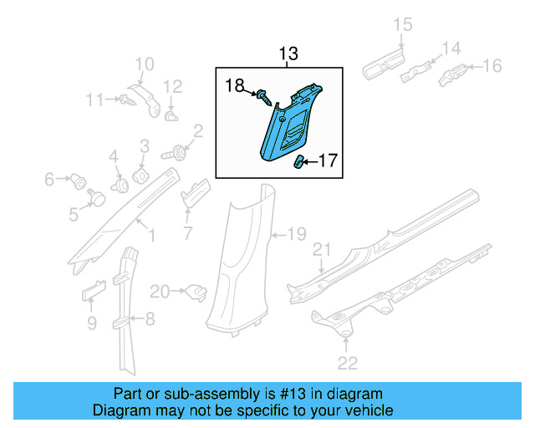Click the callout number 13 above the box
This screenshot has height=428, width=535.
288,55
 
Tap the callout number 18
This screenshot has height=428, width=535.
234,84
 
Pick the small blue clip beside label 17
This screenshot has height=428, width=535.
298,162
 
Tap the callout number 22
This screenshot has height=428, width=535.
347,362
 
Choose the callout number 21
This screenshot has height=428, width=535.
322,250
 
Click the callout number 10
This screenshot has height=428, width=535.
144,64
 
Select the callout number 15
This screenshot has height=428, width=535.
403,25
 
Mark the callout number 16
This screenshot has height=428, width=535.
492,65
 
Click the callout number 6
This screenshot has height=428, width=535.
49,178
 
